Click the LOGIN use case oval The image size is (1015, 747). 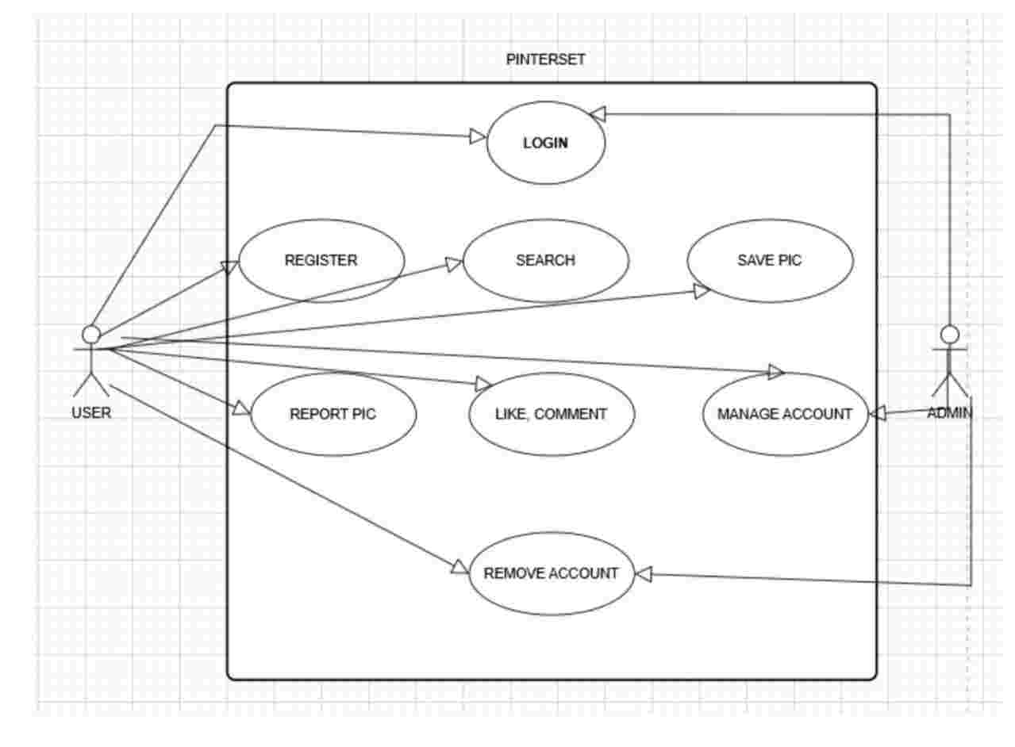(545, 144)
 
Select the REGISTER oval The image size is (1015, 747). (321, 260)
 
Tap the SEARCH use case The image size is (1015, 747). (545, 260)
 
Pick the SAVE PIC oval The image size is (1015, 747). (770, 260)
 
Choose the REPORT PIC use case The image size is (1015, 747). (333, 414)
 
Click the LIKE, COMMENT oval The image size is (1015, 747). (552, 414)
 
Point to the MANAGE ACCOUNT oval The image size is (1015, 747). (785, 414)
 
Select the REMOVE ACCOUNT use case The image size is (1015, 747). (551, 573)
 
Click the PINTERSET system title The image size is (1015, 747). (546, 59)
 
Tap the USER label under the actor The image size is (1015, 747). (91, 412)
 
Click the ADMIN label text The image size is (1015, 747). (950, 412)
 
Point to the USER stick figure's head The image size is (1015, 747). (92, 334)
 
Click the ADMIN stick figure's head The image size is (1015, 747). (950, 334)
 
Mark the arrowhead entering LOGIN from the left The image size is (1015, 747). (478, 136)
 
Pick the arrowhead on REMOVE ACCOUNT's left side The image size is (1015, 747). (460, 566)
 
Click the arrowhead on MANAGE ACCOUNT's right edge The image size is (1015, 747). (878, 413)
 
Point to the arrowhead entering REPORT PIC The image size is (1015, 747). (241, 408)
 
